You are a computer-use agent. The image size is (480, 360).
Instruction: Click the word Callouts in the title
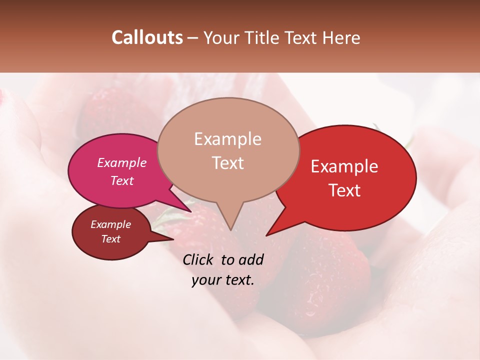[147, 37]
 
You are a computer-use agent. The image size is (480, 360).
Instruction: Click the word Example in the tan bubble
[227, 139]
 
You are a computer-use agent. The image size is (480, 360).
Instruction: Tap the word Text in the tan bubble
[227, 163]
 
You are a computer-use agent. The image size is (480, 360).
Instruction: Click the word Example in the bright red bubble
[344, 166]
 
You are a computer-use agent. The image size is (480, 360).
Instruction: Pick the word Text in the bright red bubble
[344, 190]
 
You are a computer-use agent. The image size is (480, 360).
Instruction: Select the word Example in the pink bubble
[122, 162]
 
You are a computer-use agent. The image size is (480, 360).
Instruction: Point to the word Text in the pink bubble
[122, 180]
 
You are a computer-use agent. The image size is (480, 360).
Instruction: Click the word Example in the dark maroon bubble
[110, 224]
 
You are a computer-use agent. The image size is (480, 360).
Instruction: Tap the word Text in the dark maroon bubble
[110, 239]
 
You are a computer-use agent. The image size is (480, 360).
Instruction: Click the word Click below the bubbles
[199, 259]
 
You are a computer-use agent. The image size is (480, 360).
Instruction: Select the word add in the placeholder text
[251, 259]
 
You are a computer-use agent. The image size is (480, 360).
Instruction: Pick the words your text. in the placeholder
[223, 280]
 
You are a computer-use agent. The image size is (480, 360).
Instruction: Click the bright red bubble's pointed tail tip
[266, 235]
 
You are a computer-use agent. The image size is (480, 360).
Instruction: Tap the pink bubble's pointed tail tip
[191, 211]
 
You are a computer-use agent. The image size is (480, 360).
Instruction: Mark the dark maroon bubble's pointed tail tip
[173, 239]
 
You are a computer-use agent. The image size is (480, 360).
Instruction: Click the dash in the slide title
[193, 38]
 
